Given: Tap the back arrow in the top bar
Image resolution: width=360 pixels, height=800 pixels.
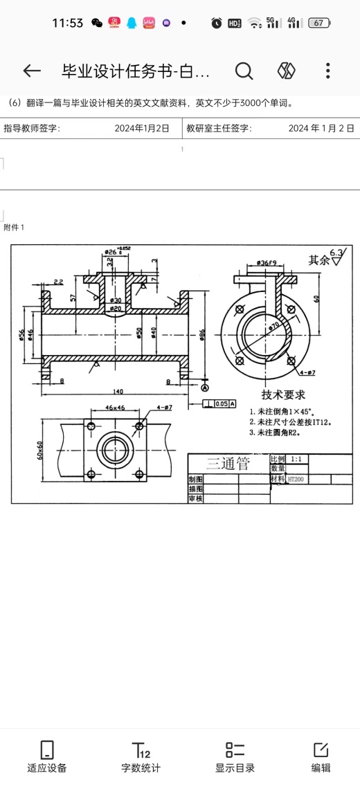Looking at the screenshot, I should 32,71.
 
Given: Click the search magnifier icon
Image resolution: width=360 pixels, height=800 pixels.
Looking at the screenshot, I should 244,71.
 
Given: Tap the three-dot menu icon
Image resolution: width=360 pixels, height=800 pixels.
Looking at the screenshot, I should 327,71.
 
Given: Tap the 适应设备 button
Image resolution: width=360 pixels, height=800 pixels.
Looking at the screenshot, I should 47,757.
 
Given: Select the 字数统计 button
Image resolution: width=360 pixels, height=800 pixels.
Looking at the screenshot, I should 141,757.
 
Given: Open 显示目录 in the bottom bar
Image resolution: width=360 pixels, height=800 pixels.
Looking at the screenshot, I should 235,757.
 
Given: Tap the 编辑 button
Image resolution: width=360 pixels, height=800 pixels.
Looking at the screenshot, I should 321,757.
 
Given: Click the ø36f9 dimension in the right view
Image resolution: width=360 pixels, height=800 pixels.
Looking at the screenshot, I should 267,263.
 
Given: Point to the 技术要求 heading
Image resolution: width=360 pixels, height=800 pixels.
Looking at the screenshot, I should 280,394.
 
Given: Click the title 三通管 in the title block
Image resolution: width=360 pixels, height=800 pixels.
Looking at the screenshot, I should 228,464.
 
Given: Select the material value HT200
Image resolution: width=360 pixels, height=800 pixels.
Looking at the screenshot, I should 296,479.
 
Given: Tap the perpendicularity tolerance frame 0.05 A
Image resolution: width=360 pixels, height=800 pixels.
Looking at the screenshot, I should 219,403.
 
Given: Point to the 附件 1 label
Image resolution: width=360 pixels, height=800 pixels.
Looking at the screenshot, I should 14,228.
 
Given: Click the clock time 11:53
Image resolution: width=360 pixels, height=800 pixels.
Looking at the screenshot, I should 67,23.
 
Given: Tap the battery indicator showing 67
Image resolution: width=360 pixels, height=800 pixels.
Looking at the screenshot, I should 319,23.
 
